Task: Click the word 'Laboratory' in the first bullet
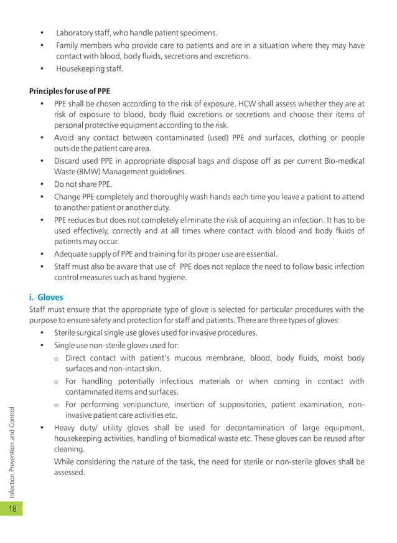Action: click(x=73, y=32)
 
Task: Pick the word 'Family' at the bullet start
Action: click(x=67, y=46)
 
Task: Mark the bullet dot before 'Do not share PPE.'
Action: click(x=41, y=185)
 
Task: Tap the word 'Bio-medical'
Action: click(x=342, y=161)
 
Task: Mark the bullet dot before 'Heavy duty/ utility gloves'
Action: click(x=41, y=428)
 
